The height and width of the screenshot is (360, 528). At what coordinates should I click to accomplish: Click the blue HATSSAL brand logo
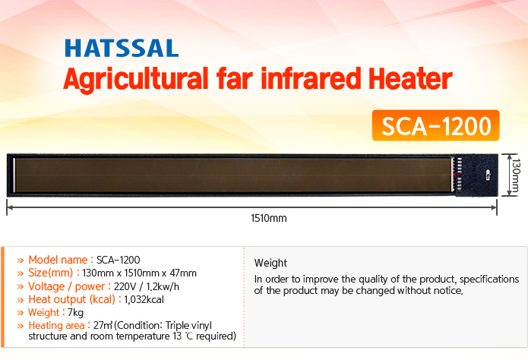(122, 48)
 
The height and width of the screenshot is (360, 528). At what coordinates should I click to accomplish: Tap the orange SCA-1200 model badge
(436, 125)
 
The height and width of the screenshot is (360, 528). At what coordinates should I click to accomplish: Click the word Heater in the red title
(410, 79)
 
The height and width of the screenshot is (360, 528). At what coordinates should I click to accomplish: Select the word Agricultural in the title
(136, 81)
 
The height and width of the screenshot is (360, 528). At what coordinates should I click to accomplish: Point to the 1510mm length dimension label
(269, 218)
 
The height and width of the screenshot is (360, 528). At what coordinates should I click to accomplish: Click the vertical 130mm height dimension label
(516, 175)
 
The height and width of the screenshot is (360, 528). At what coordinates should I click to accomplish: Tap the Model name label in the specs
(58, 260)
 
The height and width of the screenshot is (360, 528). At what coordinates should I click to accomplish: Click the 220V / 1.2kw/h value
(147, 286)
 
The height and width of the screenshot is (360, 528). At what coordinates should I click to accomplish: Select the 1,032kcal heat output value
(144, 299)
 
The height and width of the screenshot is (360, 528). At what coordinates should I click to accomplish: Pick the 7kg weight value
(75, 312)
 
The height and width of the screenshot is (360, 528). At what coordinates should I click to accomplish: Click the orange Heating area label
(56, 325)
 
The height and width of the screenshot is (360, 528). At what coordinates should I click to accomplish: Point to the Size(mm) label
(50, 273)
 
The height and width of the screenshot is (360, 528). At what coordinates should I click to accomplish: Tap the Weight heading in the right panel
(270, 263)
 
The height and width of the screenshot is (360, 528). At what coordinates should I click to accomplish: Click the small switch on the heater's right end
(488, 175)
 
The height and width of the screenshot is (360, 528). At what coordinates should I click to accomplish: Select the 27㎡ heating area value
(103, 325)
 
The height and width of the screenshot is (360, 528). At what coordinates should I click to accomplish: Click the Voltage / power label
(67, 286)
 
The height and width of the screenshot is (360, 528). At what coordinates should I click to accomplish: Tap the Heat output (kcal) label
(72, 299)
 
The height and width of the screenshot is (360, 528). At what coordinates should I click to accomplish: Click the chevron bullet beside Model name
(21, 261)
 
